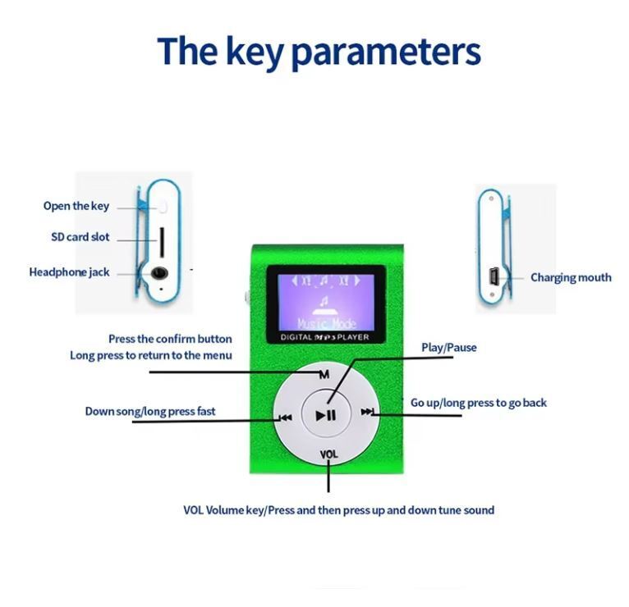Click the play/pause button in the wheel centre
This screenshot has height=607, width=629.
pyautogui.click(x=326, y=415)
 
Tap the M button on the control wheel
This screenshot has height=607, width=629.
pyautogui.click(x=324, y=374)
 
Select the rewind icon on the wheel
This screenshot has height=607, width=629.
pyautogui.click(x=286, y=418)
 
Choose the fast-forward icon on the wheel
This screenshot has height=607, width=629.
pyautogui.click(x=367, y=412)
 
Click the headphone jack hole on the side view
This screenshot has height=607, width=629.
pyautogui.click(x=159, y=273)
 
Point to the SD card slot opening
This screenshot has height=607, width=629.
pyautogui.click(x=162, y=242)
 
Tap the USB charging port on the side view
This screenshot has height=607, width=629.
pyautogui.click(x=493, y=277)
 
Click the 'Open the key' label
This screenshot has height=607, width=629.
pyautogui.click(x=76, y=206)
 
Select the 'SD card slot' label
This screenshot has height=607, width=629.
pyautogui.click(x=80, y=237)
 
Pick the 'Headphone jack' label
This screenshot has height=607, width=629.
pyautogui.click(x=70, y=272)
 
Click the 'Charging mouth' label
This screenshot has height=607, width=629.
pyautogui.click(x=571, y=277)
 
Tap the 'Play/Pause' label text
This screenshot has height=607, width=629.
pyautogui.click(x=449, y=347)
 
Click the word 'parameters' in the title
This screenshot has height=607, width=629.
pyautogui.click(x=385, y=52)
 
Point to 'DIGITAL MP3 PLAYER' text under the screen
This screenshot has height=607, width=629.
pyautogui.click(x=324, y=337)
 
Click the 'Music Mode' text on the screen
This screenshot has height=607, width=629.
pyautogui.click(x=327, y=323)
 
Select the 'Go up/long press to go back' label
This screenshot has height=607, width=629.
pyautogui.click(x=478, y=403)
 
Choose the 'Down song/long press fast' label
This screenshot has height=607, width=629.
pyautogui.click(x=150, y=411)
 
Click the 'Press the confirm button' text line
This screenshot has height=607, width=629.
pyautogui.click(x=170, y=339)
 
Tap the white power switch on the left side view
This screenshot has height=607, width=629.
pyautogui.click(x=163, y=207)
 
